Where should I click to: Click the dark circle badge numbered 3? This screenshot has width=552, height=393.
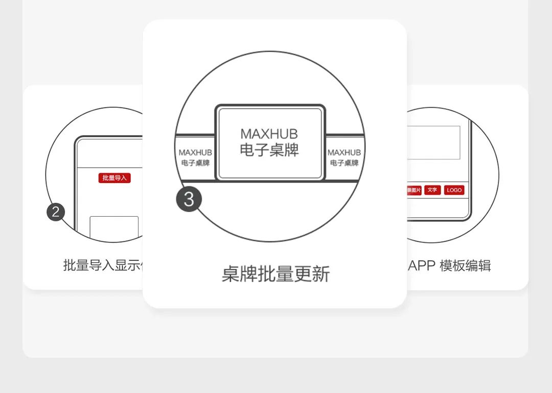click(189, 199)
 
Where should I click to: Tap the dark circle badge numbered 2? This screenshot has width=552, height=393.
click(56, 212)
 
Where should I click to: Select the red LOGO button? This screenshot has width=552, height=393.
click(454, 190)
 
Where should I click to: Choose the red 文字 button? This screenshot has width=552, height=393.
click(432, 190)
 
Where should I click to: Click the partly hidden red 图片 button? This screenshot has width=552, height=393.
click(414, 190)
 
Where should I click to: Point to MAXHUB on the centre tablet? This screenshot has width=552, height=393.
click(269, 134)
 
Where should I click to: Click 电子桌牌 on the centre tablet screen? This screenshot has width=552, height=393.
click(269, 151)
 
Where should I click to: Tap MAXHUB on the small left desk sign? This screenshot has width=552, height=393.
click(195, 152)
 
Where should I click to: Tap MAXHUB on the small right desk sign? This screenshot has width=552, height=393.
click(344, 152)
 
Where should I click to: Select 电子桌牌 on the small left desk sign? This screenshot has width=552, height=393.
click(195, 163)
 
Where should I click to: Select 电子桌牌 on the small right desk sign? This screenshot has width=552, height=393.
click(344, 163)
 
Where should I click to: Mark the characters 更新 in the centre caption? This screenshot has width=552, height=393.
click(312, 274)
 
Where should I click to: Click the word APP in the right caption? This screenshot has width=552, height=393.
click(422, 266)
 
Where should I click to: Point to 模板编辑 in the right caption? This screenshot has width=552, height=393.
click(465, 266)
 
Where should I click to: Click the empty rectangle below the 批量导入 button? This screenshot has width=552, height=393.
click(114, 227)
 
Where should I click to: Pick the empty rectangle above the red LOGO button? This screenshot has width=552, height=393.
click(434, 143)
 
